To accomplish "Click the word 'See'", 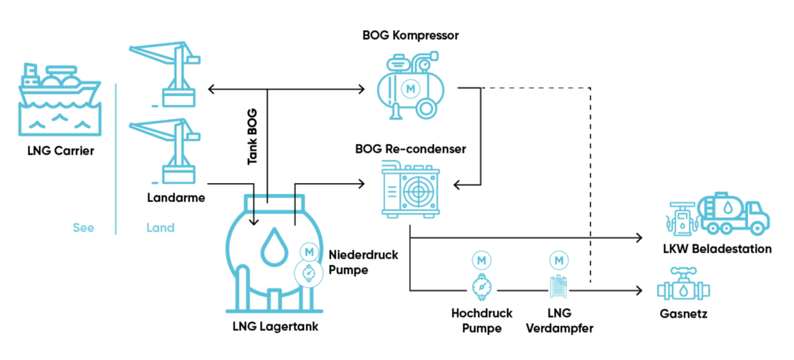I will [83, 228].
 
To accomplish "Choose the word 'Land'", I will [161, 228].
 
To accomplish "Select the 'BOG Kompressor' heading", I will [411, 36].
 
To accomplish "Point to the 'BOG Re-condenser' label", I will [410, 148].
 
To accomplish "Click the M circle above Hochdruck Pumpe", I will [482, 259].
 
